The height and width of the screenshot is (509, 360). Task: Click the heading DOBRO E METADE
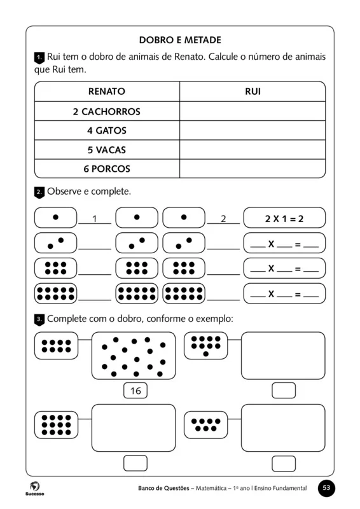(x=179, y=40)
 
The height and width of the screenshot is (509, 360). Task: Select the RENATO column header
(x=106, y=92)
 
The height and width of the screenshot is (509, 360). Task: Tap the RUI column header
(x=253, y=92)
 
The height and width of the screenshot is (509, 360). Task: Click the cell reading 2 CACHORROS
(x=106, y=111)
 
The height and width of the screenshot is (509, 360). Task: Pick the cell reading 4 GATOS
(x=106, y=130)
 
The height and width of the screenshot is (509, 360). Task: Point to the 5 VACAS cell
(x=106, y=150)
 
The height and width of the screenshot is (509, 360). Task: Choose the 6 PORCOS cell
(x=106, y=169)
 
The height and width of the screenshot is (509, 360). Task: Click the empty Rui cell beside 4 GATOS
(x=253, y=130)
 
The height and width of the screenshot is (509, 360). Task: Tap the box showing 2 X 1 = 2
(x=284, y=218)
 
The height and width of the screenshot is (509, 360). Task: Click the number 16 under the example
(x=135, y=391)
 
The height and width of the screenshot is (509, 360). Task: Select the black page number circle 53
(x=326, y=488)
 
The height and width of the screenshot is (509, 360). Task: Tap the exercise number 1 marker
(x=39, y=58)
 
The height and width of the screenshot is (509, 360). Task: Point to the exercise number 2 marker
(x=39, y=192)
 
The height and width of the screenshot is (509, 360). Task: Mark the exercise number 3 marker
(x=39, y=318)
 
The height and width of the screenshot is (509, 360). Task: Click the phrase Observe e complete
(x=89, y=191)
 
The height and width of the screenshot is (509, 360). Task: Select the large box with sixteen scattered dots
(x=134, y=356)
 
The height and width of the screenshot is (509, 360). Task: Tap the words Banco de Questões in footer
(x=164, y=488)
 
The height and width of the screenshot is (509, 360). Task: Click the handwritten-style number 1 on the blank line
(x=94, y=219)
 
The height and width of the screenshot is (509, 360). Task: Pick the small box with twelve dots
(x=56, y=424)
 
